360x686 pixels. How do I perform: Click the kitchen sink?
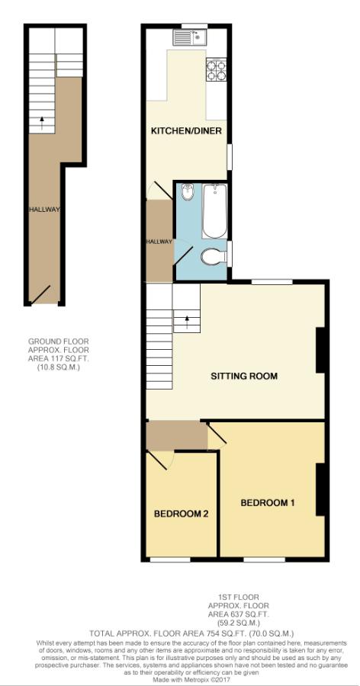click(x=191, y=37)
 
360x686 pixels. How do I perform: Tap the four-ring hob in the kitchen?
click(x=217, y=69)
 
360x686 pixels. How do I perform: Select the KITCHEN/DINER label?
click(x=186, y=131)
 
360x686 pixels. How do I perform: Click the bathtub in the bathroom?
click(x=214, y=211)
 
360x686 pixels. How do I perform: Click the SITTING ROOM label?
click(x=244, y=376)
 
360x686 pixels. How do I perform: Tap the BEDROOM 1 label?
click(x=267, y=503)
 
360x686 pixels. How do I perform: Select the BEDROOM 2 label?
click(x=181, y=514)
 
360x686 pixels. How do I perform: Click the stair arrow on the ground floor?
click(x=42, y=123)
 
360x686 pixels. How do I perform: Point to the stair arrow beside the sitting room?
click(x=188, y=322)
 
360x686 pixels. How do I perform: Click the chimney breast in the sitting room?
click(x=320, y=351)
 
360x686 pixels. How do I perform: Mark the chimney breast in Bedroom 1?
click(x=320, y=489)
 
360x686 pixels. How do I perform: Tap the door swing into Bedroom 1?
click(x=217, y=436)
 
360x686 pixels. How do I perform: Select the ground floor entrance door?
click(x=40, y=294)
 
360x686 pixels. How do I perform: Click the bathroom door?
click(x=184, y=255)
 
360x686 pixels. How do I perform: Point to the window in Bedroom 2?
click(x=170, y=559)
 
